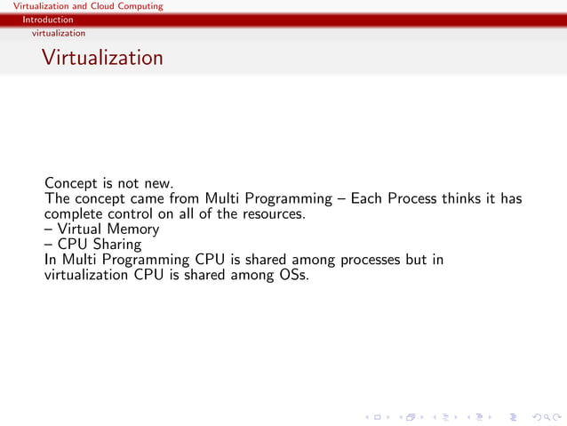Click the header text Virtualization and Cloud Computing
(x=82, y=6)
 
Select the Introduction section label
(x=49, y=20)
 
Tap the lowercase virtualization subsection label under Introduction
(x=59, y=33)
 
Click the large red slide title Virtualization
(x=102, y=58)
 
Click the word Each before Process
(x=368, y=198)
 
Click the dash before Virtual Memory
(x=49, y=229)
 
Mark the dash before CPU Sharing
(x=49, y=244)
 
